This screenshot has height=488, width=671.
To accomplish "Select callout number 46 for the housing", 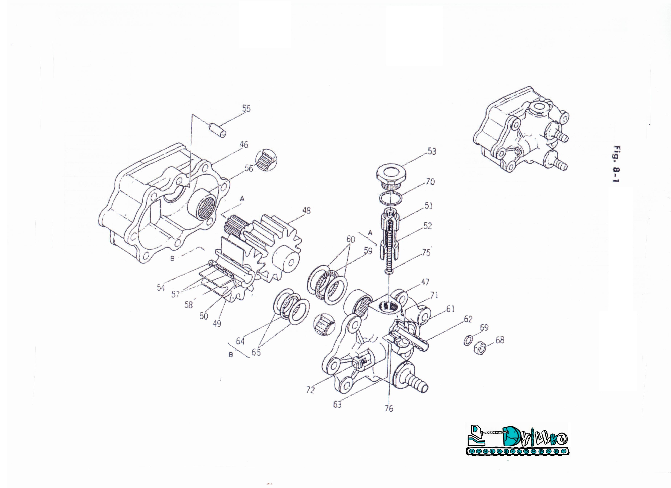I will coord(244,145).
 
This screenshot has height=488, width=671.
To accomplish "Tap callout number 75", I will coord(426,253).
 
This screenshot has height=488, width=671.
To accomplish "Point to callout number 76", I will coord(389,408).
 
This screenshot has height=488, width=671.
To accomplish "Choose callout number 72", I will coord(310,390).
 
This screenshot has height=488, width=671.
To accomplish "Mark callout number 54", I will coord(161,287).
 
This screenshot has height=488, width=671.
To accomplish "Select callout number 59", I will coord(368,251).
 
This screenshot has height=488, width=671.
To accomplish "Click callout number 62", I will coord(468,319).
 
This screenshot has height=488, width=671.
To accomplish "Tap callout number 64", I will coord(240,341).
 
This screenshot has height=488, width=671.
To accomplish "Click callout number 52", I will coord(427,226).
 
